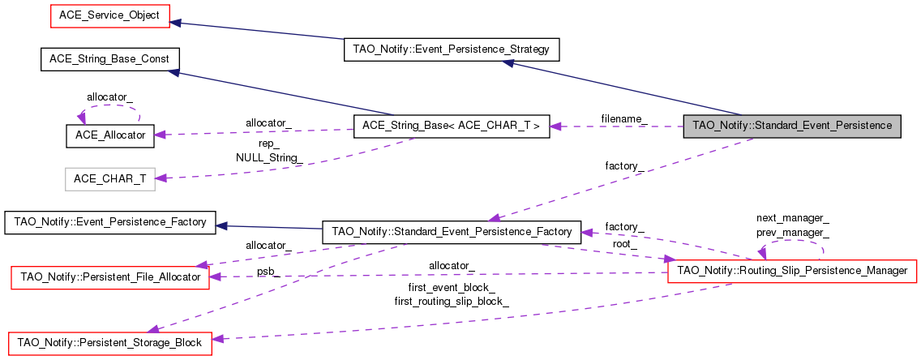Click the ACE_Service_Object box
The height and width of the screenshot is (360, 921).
coord(109,15)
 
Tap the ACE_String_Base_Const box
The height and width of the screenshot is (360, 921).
coord(109,59)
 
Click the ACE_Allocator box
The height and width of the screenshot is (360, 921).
coord(109,135)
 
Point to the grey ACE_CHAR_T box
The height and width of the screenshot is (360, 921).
coord(109,178)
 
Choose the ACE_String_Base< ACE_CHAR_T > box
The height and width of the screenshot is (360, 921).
coord(452,126)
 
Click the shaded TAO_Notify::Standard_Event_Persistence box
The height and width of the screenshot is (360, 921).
coord(791,126)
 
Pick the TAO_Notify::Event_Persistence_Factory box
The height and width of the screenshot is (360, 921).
coord(109,221)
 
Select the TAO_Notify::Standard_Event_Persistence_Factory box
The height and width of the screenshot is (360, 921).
coord(452,232)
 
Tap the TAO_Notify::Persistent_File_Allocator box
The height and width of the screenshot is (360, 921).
coord(109,277)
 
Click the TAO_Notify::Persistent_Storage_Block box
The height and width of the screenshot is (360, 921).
coord(109,343)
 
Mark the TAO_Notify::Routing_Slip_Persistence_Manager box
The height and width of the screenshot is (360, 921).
coord(791,271)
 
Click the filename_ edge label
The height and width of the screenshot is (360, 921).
coord(623,119)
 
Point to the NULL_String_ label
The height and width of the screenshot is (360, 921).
coord(269,156)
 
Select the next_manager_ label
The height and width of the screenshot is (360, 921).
coord(792,218)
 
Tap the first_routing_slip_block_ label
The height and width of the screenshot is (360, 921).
coord(452,302)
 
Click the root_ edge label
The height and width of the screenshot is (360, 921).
coord(624,243)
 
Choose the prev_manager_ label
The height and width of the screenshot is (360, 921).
coord(792,232)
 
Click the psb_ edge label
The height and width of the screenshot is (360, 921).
coord(268,273)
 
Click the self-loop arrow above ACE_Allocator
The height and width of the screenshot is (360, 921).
coord(109,108)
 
